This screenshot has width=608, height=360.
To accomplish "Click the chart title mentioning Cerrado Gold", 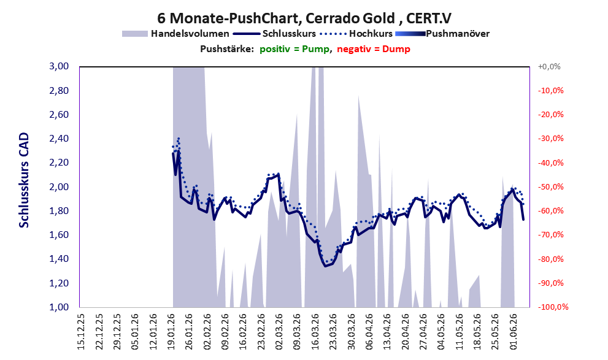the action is click(x=304, y=18).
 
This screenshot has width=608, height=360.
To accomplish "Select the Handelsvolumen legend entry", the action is click(x=175, y=34).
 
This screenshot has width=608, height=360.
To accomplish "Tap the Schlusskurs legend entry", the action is click(x=274, y=34).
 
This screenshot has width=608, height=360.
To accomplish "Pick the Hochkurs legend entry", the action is click(x=356, y=34).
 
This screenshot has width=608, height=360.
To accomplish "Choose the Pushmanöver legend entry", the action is click(x=442, y=34).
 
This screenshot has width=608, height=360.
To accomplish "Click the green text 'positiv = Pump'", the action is click(x=295, y=49).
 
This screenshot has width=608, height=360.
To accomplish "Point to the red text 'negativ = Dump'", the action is click(x=374, y=49).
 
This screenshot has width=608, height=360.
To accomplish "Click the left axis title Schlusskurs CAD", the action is click(x=24, y=180).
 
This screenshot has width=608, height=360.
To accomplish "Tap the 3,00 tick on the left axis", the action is click(x=59, y=66).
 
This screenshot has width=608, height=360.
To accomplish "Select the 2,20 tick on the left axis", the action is click(x=59, y=163).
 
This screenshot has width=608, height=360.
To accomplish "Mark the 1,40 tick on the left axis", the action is click(x=59, y=259).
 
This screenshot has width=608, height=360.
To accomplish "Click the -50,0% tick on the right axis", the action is click(x=550, y=187).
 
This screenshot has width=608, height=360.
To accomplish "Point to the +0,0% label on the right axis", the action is click(x=549, y=67).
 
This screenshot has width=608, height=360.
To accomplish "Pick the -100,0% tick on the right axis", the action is click(x=553, y=307).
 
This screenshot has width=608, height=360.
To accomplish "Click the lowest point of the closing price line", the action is click(x=325, y=266).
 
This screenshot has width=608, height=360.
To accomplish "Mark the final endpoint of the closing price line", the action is click(x=523, y=220).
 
